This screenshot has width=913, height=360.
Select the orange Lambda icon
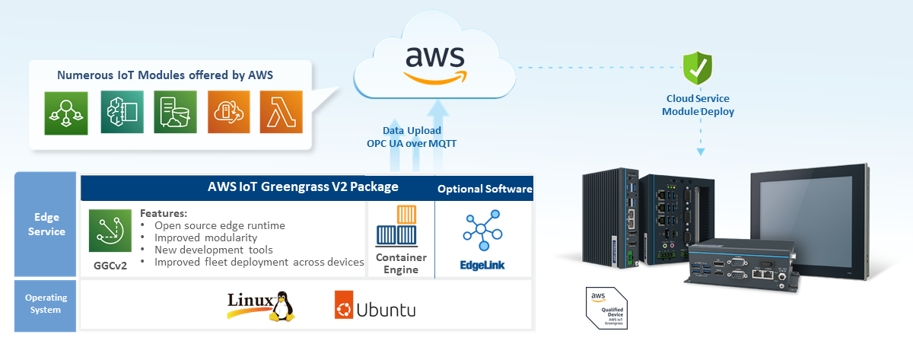tap(282, 113)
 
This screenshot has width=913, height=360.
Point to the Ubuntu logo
tap(375, 309)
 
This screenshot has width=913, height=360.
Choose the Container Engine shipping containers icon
tap(400, 227)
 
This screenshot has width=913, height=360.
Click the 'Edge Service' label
tap(46, 225)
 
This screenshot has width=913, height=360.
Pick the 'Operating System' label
tap(46, 304)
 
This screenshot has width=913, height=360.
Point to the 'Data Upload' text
tap(412, 130)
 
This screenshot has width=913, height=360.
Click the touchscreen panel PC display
tap(826, 218)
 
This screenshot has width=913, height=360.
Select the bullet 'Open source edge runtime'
tap(219, 225)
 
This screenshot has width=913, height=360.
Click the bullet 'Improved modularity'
tap(205, 237)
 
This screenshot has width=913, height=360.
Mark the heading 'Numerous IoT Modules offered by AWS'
tap(165, 75)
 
